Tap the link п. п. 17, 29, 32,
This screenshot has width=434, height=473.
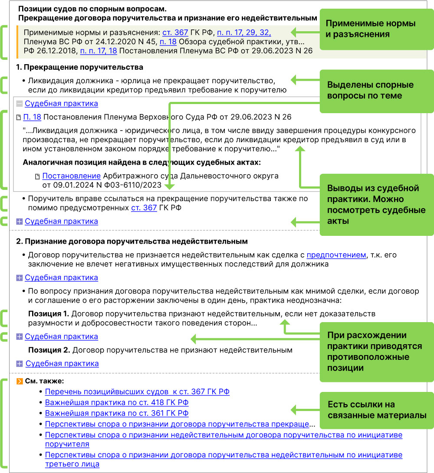point(244,33)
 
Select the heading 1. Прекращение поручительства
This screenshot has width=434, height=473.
point(79,68)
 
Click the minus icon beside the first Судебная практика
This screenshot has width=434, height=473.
point(19,104)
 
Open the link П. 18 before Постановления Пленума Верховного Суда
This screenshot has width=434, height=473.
point(32,117)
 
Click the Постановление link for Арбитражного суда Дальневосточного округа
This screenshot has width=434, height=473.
point(72,176)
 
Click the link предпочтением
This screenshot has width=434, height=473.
point(336,255)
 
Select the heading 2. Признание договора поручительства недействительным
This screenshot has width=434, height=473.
point(132,241)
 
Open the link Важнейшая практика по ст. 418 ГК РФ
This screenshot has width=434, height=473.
point(117,402)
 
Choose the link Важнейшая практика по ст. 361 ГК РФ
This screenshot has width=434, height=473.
point(117,413)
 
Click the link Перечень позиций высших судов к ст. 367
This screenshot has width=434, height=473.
point(137,391)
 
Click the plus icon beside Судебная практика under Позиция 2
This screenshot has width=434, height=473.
point(19,364)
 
